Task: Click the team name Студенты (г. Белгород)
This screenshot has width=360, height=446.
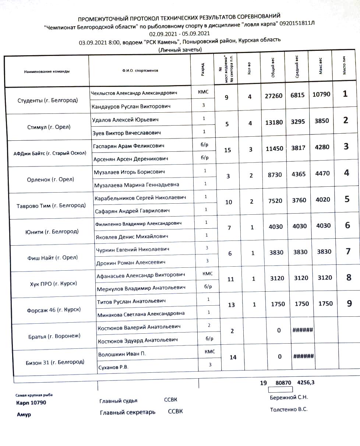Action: tap(47, 100)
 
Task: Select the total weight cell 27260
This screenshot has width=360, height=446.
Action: tap(273, 96)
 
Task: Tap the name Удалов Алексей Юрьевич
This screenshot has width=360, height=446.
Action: tap(125, 120)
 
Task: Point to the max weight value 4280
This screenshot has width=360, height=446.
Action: tap(322, 147)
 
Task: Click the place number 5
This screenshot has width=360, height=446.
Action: tap(347, 199)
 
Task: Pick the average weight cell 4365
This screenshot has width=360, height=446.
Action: tap(298, 174)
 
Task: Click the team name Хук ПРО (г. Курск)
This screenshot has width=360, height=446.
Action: tap(53, 284)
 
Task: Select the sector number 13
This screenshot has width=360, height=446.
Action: tap(231, 305)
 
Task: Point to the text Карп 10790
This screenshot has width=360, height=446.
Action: tap(31, 403)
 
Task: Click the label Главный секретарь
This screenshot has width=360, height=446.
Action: tap(127, 412)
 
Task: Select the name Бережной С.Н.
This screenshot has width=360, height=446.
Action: tap(289, 397)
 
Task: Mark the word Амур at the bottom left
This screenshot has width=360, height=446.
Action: tap(24, 415)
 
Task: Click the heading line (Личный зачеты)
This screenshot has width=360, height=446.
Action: tap(180, 50)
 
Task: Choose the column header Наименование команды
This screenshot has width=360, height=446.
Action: tap(47, 71)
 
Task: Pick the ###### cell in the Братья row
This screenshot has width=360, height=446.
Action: tap(303, 330)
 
